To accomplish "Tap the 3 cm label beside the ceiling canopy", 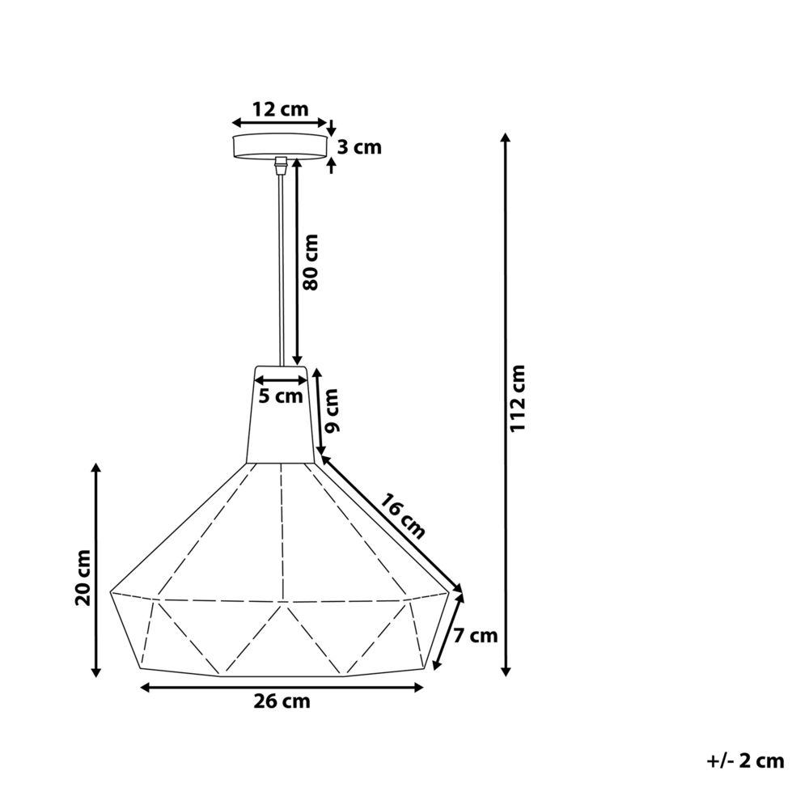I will [358, 147].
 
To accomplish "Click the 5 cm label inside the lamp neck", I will [280, 396].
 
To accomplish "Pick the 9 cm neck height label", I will [332, 411].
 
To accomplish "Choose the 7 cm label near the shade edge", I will [475, 635].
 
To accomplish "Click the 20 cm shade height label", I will [82, 577].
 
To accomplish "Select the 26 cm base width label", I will [282, 701].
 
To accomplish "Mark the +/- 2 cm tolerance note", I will [744, 760].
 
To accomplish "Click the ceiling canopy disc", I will [280, 146].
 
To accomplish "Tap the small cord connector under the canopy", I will [280, 165].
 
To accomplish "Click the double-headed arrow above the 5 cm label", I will [280, 379].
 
